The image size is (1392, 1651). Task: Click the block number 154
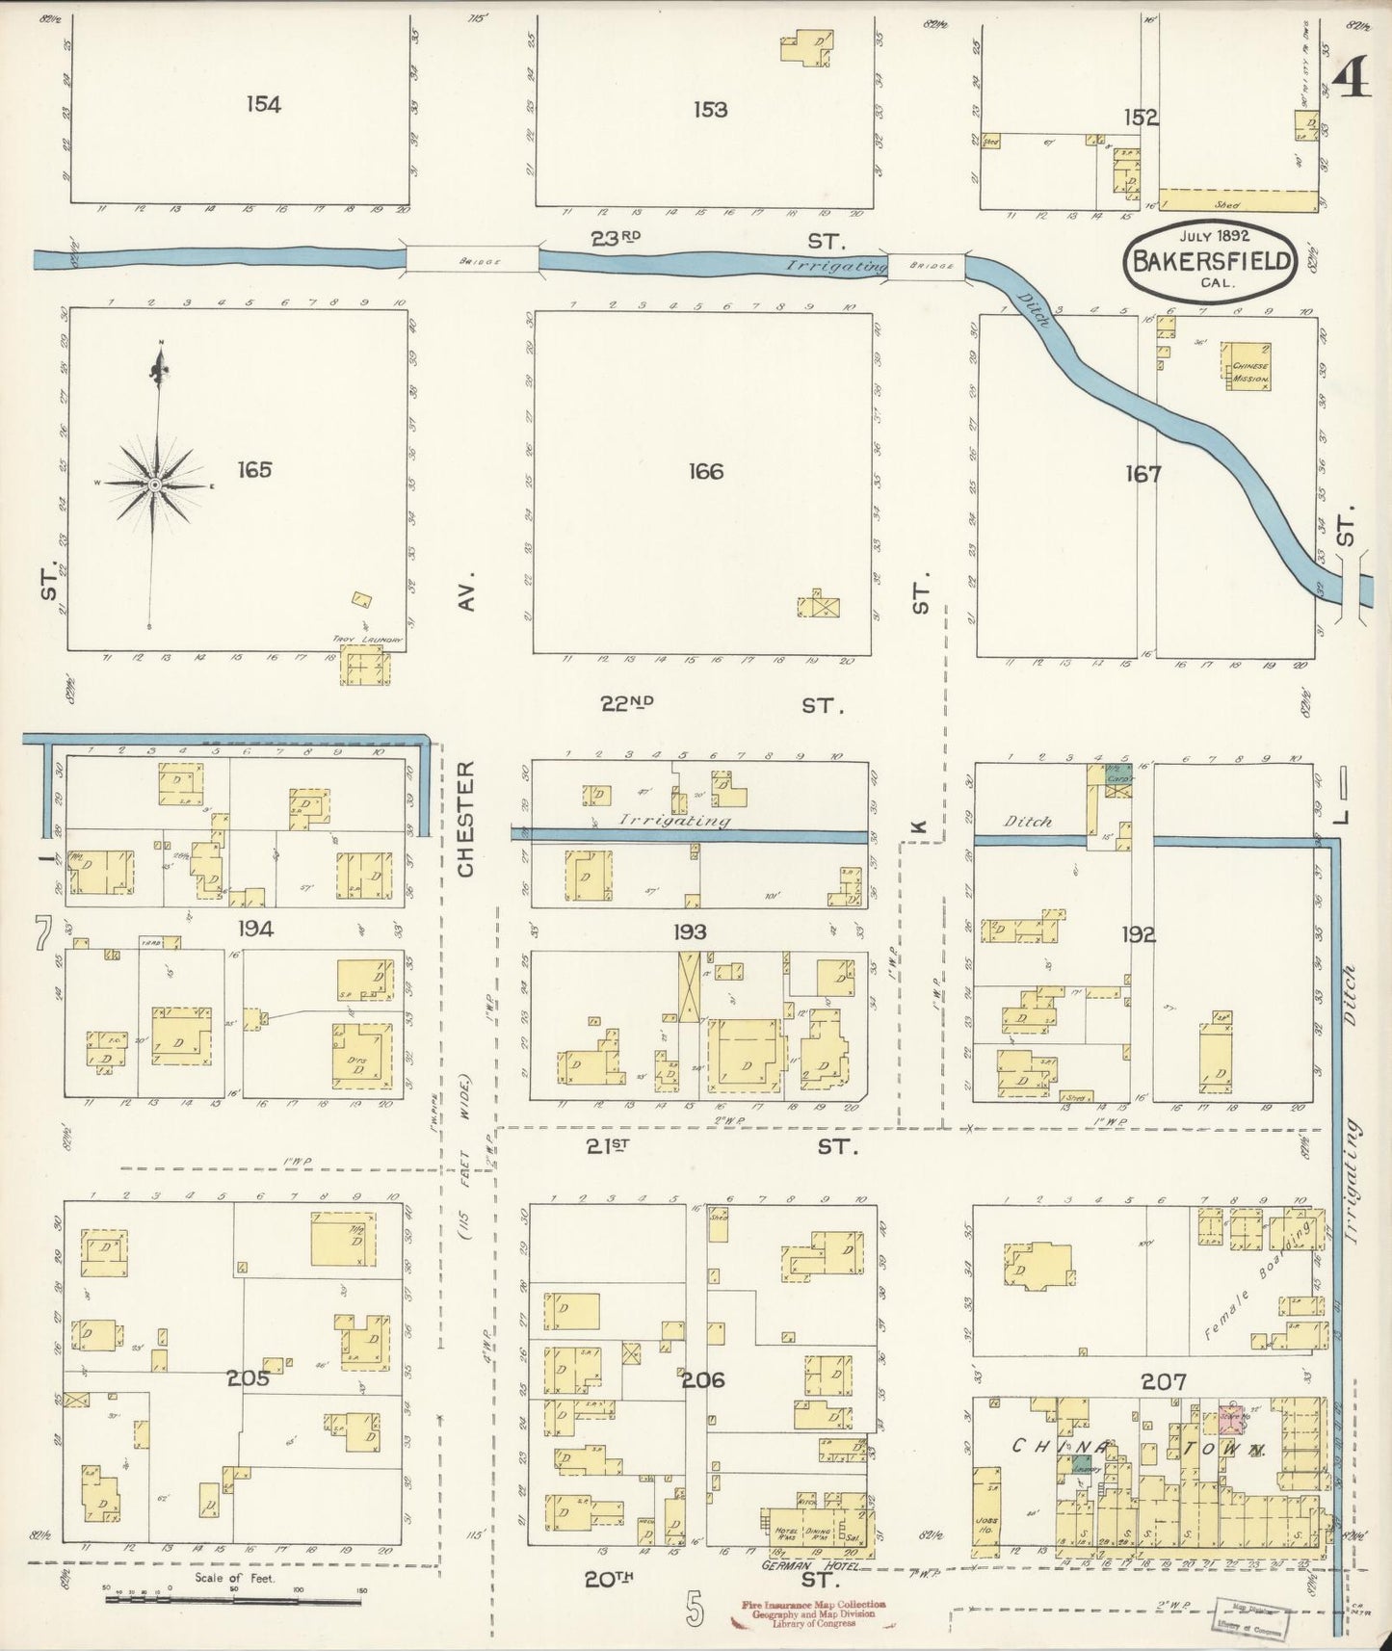[263, 104]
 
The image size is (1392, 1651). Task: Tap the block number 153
[710, 110]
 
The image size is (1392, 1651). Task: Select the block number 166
[705, 472]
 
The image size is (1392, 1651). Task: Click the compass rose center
[153, 484]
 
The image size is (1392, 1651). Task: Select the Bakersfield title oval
[1211, 262]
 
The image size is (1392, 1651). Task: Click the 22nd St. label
[721, 705]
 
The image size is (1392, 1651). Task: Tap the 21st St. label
[721, 1146]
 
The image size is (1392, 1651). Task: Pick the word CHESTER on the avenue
[467, 820]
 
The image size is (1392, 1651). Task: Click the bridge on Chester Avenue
[471, 259]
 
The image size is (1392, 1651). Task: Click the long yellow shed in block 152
[1237, 201]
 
